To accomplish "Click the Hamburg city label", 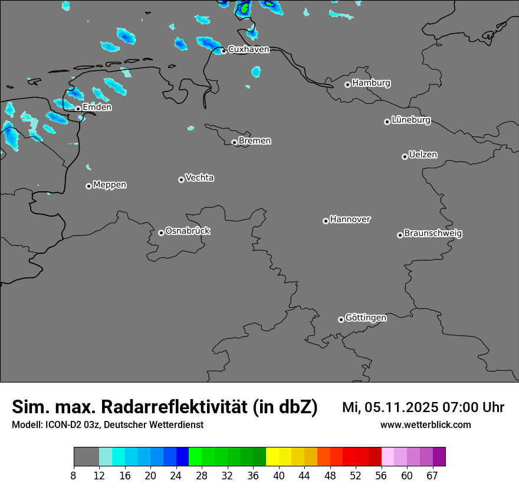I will coord(371,83).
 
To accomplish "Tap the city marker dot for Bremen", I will coord(234,142).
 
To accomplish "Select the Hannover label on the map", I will coord(350,220).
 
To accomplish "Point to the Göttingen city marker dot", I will coord(341,319).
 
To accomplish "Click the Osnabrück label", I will coord(188,231).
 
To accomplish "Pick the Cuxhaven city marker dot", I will coord(224,51).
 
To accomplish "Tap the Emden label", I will coord(97,107).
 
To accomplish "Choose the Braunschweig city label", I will coord(433,233).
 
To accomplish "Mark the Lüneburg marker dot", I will coord(387,122).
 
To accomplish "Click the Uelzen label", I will coord(423,155).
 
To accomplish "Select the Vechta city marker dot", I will coord(181,179).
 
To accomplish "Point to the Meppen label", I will coord(110,185).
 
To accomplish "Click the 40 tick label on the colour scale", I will coord(279,476).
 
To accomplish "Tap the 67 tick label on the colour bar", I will coord(432,476).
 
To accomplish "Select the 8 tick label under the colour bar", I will coord(74,476).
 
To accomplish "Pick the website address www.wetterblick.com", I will coord(425,424).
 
